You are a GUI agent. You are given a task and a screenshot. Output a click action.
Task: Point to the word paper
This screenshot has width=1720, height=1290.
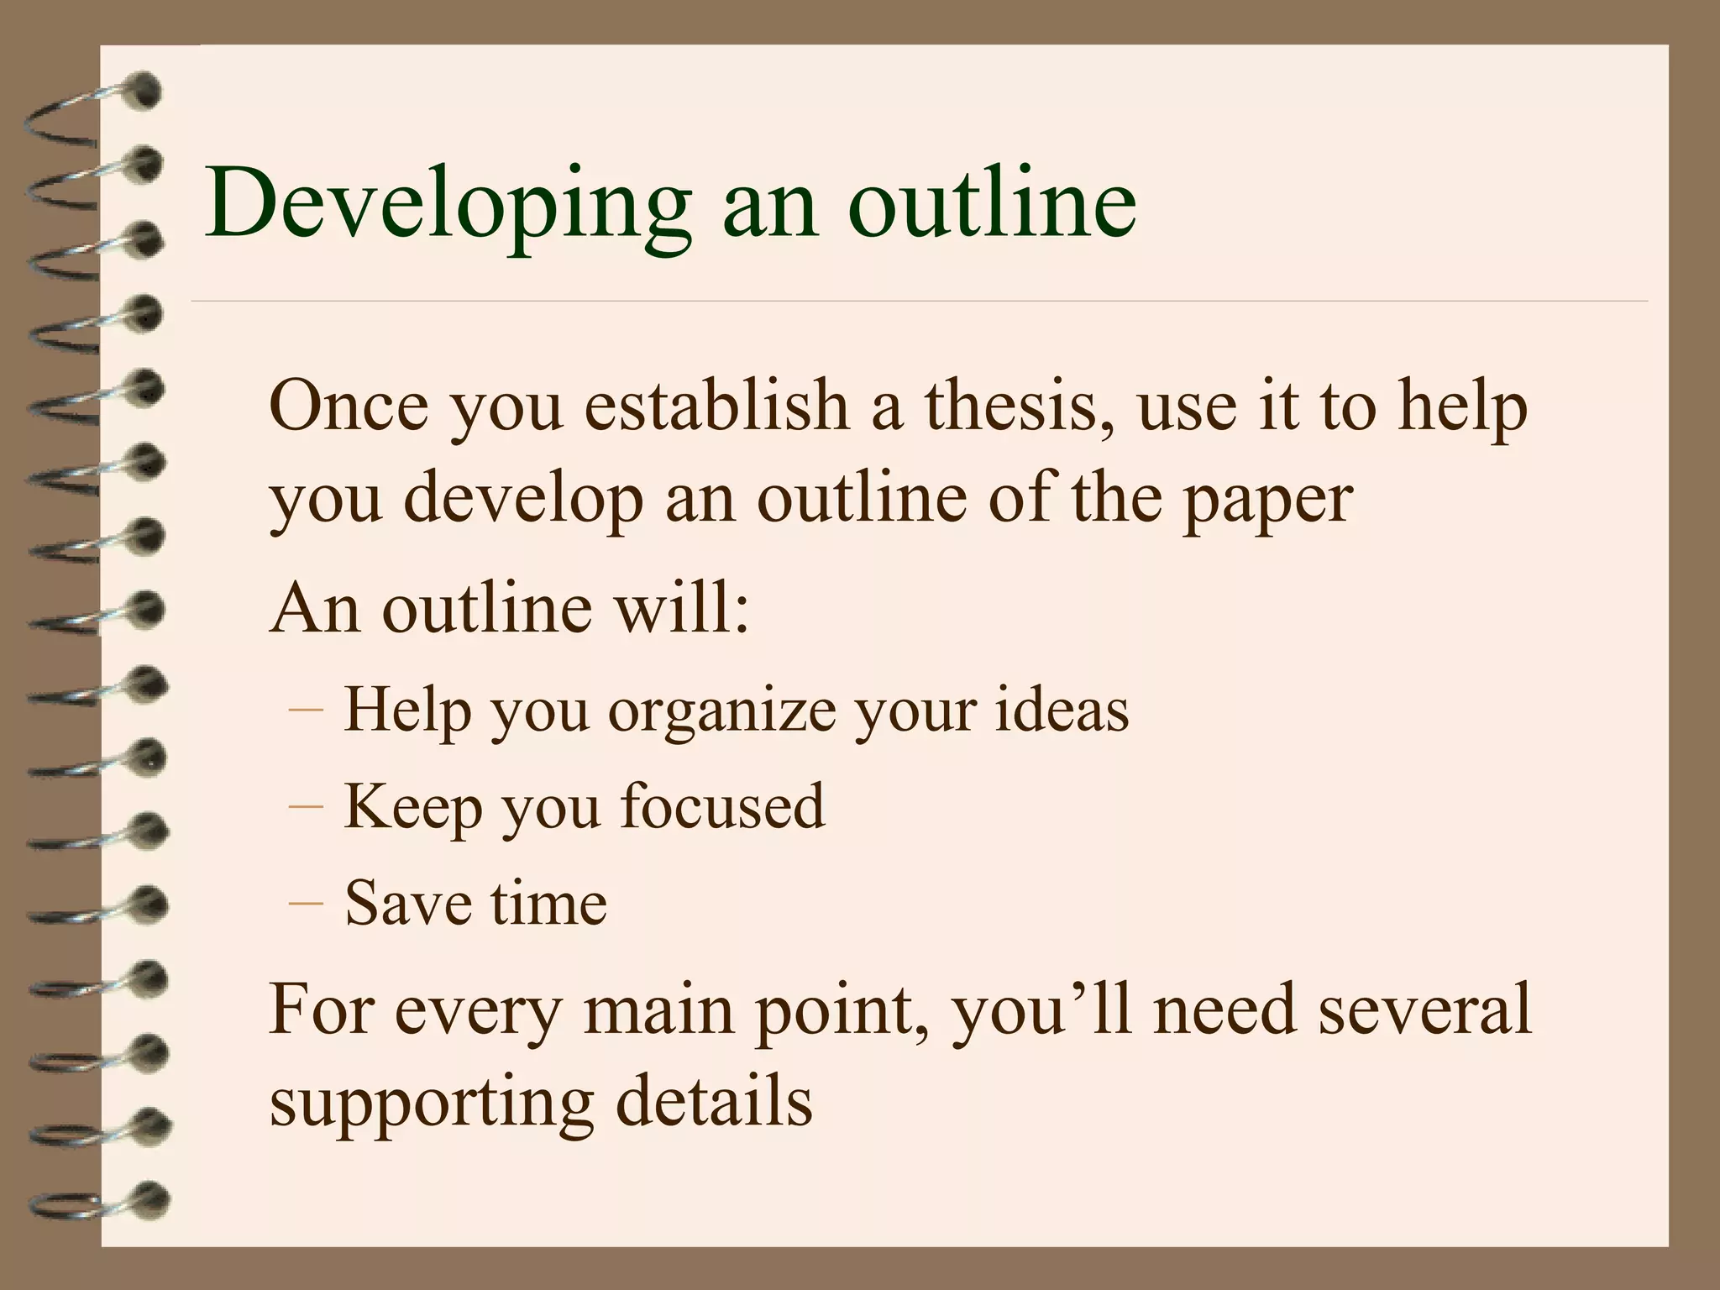point(1267,500)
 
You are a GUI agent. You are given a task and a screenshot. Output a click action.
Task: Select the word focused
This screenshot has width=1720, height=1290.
point(722,806)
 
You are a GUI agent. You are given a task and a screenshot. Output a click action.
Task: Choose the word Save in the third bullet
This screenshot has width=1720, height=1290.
point(409,903)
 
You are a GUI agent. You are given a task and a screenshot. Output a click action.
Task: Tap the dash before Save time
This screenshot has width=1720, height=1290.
point(305,903)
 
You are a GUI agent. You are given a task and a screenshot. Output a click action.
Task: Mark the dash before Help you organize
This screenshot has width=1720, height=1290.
point(305,710)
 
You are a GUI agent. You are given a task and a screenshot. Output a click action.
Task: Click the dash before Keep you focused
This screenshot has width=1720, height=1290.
point(305,806)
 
